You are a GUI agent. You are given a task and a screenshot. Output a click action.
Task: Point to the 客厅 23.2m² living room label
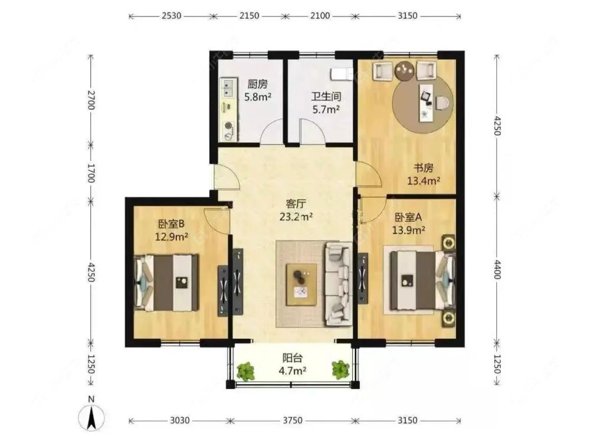pyautogui.click(x=296, y=210)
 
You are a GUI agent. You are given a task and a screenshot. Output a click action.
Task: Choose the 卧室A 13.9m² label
pyautogui.click(x=409, y=223)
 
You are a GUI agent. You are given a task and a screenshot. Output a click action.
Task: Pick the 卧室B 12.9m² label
pyautogui.click(x=171, y=230)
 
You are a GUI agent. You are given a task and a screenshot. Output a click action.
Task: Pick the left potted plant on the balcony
pyautogui.click(x=245, y=371)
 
